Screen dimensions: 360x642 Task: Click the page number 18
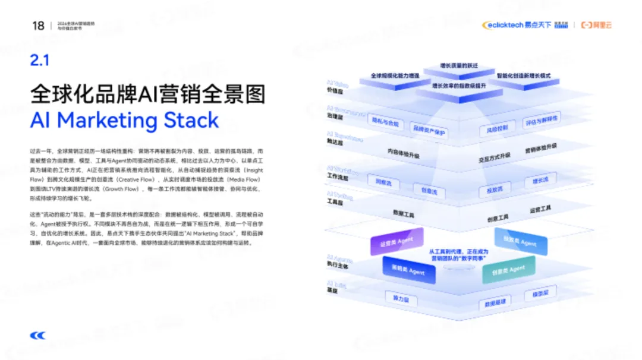(38, 26)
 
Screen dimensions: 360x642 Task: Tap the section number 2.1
(39, 60)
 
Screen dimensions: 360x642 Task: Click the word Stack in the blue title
(185, 121)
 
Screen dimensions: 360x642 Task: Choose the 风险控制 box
(497, 128)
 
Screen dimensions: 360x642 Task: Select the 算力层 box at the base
(396, 298)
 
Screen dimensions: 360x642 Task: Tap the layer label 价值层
(335, 91)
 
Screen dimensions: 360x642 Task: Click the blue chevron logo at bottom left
(38, 336)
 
